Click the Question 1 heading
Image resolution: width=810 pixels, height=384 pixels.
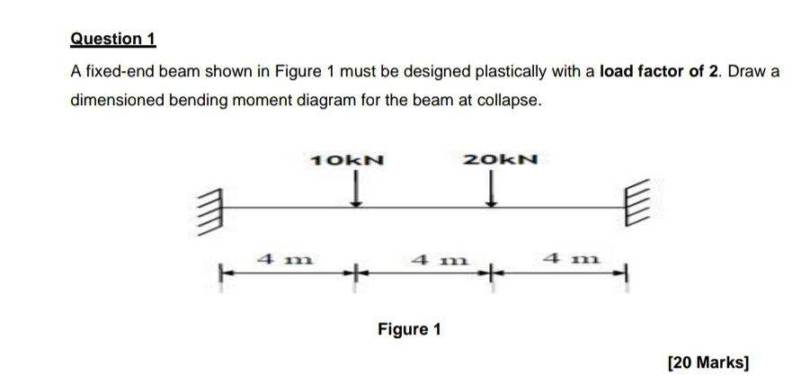113,39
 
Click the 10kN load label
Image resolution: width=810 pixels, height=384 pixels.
346,161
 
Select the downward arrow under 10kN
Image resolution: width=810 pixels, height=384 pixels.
358,190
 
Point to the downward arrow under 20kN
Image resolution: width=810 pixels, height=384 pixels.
493,190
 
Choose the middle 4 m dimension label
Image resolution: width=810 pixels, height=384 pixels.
429,259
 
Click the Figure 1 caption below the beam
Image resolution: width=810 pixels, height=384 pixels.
409,329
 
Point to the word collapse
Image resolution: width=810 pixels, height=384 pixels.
513,100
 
